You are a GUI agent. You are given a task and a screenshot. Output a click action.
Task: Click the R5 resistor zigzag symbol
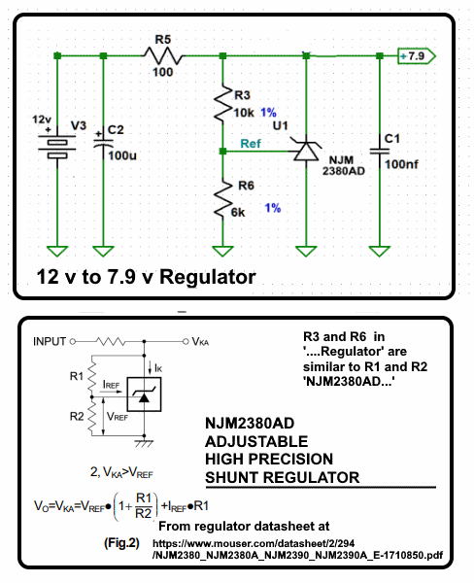click(x=163, y=55)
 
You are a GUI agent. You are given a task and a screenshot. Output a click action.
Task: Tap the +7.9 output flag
click(x=417, y=56)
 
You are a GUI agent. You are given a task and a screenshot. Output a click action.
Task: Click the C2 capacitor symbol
click(x=103, y=143)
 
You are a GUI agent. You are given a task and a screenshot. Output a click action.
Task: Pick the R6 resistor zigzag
click(x=223, y=198)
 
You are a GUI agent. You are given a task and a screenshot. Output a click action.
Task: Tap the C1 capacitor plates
click(x=380, y=151)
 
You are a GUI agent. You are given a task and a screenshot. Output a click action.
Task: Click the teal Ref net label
click(x=251, y=144)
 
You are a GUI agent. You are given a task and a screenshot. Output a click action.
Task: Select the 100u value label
click(x=122, y=155)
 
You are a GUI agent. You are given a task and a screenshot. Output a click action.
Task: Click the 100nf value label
click(x=401, y=164)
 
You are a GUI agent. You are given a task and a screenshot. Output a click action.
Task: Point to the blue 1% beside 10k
click(x=268, y=113)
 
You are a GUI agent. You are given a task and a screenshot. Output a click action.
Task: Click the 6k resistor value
click(x=238, y=212)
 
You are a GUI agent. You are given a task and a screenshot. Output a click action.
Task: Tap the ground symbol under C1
click(x=380, y=252)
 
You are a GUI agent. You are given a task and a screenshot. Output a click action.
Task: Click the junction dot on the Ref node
click(x=223, y=152)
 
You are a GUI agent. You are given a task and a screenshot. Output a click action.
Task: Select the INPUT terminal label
click(x=50, y=341)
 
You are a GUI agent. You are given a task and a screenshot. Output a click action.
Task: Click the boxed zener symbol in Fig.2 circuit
click(x=144, y=394)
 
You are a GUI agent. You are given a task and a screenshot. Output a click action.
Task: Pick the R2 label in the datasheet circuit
click(x=77, y=417)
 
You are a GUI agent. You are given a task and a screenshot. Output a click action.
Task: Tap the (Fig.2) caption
click(x=121, y=543)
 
